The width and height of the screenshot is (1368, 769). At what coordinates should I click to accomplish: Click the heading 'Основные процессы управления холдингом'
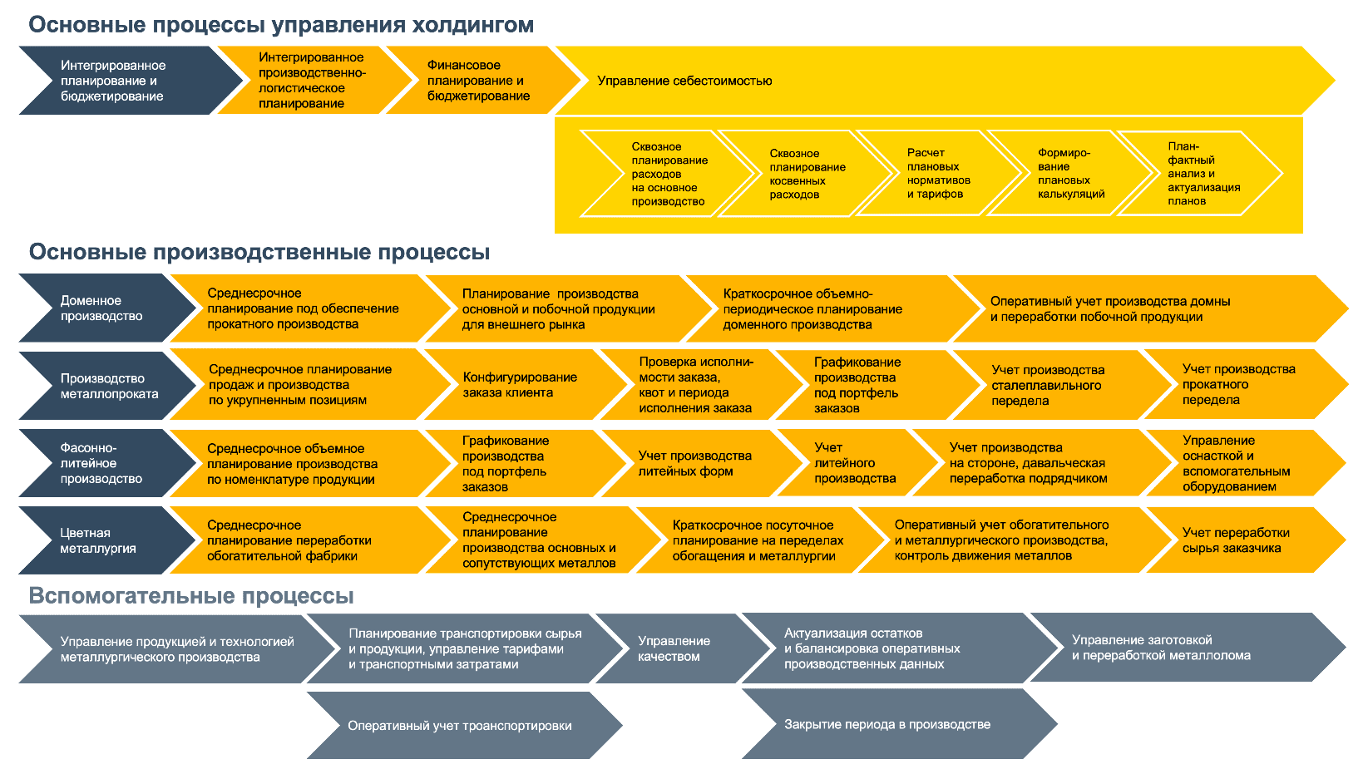coord(281,25)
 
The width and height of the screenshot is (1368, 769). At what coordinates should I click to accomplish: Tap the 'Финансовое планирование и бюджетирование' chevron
coord(478,81)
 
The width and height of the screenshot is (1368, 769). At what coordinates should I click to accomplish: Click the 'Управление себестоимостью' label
coord(684,81)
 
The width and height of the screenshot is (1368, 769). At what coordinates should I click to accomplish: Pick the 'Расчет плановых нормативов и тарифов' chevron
coord(938,174)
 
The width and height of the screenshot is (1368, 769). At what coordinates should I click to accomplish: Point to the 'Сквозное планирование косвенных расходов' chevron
coord(806,174)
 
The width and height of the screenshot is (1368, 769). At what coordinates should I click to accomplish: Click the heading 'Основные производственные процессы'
coord(259,252)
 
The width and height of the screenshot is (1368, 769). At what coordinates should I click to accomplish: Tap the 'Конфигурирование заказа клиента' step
coord(520,385)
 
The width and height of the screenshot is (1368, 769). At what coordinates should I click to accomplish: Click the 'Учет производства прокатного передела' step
coord(1238,384)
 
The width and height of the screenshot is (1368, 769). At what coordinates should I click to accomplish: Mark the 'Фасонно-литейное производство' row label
coord(101,463)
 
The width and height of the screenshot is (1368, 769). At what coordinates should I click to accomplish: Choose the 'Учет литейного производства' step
coord(854,463)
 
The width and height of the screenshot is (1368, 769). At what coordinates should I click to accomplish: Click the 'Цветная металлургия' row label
coord(98,540)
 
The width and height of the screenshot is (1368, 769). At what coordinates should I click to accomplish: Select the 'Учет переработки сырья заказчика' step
coord(1236,540)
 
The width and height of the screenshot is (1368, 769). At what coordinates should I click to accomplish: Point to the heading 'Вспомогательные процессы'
coord(191,596)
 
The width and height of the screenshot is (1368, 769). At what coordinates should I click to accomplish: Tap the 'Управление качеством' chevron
coord(674,648)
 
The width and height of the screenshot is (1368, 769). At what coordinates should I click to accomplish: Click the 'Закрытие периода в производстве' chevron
coord(887,724)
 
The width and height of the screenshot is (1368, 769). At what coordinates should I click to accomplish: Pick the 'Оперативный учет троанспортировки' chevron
coord(459,726)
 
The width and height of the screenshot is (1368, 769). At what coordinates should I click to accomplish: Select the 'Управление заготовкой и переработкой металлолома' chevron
coord(1161,648)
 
